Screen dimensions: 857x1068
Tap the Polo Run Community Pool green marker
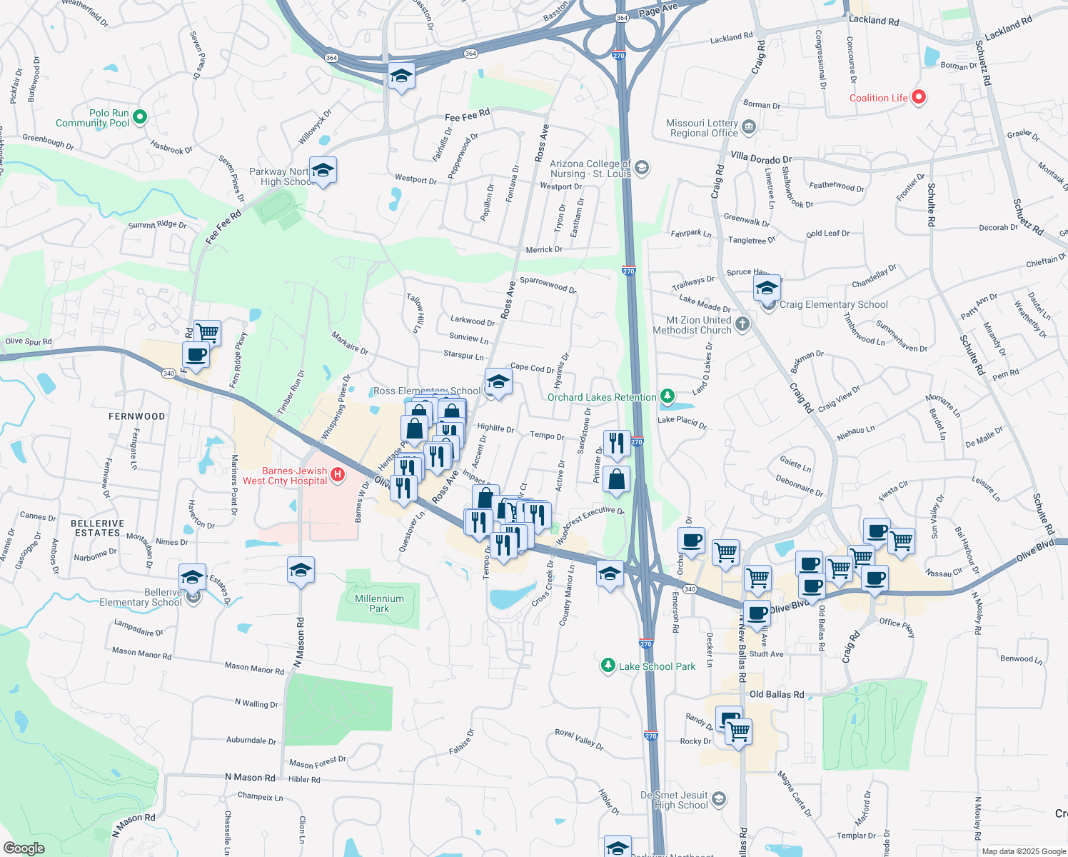tap(140, 116)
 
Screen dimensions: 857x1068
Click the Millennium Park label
tap(379, 603)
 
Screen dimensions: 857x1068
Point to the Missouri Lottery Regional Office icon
tap(749, 128)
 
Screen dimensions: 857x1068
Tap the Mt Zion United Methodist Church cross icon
tap(742, 324)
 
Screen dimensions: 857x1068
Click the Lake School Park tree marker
tap(608, 666)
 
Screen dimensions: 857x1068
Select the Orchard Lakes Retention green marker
tap(667, 396)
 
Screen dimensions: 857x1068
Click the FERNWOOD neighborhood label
tap(136, 416)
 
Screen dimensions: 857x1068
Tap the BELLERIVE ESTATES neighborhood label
tap(98, 528)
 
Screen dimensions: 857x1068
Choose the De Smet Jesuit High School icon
tap(719, 798)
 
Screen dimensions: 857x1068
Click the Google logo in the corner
tap(24, 848)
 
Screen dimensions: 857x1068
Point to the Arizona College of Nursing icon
tap(641, 168)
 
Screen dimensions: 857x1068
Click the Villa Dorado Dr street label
tap(761, 159)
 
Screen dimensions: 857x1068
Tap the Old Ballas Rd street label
tap(777, 694)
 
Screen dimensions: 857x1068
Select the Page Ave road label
tap(658, 10)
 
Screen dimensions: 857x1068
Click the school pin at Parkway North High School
tap(323, 171)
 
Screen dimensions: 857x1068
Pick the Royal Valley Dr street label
tap(579, 739)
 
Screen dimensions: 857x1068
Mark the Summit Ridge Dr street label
tap(157, 225)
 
